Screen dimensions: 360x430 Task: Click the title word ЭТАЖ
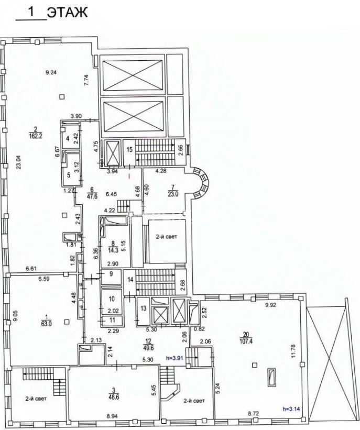(68, 13)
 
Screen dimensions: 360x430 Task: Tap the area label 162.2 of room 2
(36, 136)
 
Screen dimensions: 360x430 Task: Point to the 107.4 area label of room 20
(246, 341)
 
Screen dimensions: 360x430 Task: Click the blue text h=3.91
(175, 358)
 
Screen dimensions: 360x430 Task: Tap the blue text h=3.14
(291, 409)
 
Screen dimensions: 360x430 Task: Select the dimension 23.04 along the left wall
(18, 162)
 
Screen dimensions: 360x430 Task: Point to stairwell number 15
(129, 149)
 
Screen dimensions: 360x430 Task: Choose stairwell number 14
(130, 280)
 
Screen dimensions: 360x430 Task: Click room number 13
(144, 308)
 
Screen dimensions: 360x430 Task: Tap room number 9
(111, 274)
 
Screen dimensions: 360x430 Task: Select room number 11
(112, 320)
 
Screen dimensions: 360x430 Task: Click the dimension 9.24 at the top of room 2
(51, 73)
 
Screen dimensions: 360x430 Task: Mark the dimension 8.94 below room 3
(112, 416)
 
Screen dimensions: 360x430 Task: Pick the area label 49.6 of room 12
(148, 348)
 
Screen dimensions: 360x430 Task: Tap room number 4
(68, 138)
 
